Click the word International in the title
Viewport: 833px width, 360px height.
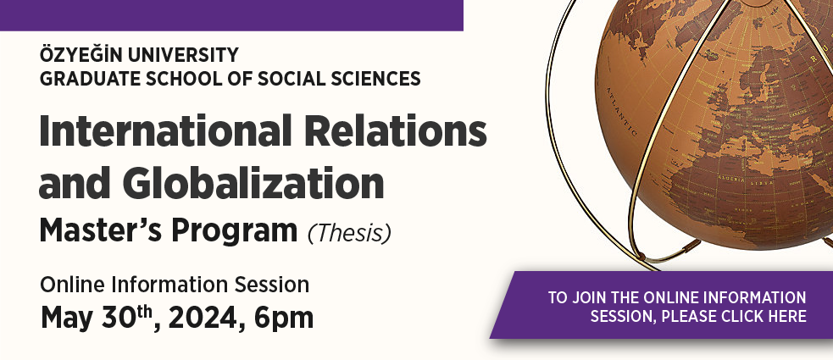[166, 130]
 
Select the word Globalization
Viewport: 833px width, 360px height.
[253, 182]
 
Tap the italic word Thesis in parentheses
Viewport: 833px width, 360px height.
[349, 233]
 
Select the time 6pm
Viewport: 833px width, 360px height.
[283, 318]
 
